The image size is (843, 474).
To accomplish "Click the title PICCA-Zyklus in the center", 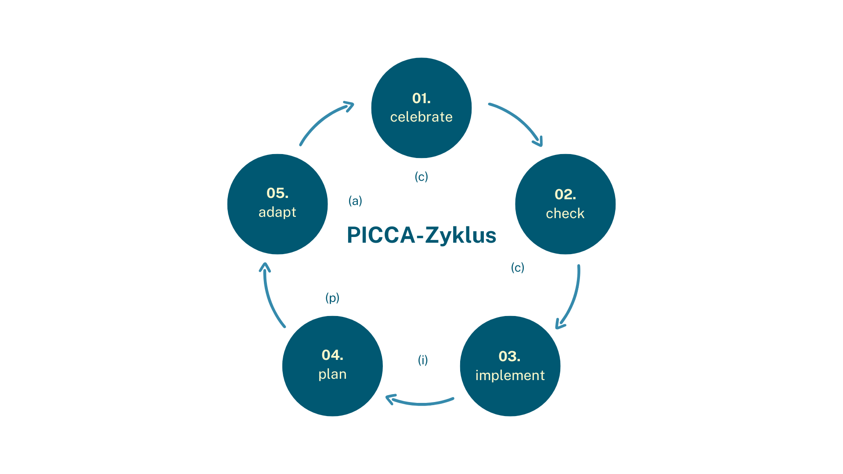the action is point(421,235).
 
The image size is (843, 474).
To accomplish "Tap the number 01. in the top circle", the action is point(421,98).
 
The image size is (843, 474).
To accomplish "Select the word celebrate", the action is point(421,117).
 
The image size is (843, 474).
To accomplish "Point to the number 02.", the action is point(565,194).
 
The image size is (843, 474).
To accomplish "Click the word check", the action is point(565,213).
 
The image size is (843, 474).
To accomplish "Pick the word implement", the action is point(510,375).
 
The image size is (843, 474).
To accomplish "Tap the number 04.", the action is point(332,355).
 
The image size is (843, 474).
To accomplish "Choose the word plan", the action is point(332,374).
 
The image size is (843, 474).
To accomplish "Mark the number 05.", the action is point(277,193).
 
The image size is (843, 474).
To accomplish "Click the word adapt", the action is point(277,212).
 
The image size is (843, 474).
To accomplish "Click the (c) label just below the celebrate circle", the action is point(421,177).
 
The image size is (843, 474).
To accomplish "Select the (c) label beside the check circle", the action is point(518,268).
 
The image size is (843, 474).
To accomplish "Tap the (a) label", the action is point(355,201).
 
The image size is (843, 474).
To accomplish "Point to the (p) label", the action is point(332,298).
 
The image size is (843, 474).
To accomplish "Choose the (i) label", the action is point(423,360).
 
